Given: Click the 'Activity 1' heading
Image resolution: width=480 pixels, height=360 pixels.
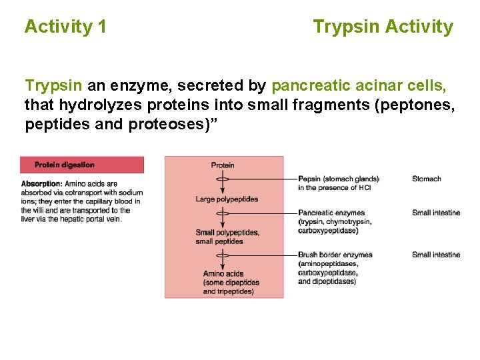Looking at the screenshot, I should (65, 27).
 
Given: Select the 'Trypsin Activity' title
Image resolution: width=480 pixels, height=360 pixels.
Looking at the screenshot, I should (383, 27).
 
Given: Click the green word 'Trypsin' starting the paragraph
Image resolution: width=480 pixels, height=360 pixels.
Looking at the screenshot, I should (54, 86).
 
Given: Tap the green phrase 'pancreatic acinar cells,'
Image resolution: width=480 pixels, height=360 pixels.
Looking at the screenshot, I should (359, 86).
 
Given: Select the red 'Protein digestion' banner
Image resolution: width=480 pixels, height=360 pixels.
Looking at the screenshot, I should (81, 165).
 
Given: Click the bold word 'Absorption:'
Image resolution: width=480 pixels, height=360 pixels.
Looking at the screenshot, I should (42, 184).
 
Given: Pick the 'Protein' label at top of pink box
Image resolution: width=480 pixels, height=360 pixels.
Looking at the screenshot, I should (223, 165).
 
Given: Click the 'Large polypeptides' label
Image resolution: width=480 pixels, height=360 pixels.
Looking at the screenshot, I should (227, 199).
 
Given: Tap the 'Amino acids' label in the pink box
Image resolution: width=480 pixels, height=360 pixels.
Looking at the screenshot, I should (223, 274).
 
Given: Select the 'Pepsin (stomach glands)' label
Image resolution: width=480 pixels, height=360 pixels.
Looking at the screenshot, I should (339, 179).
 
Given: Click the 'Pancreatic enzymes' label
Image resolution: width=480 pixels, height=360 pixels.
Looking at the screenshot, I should (331, 213).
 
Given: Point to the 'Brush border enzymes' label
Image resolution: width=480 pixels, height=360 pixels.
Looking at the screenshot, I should (335, 255).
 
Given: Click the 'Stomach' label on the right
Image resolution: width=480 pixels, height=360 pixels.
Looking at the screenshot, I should (427, 179).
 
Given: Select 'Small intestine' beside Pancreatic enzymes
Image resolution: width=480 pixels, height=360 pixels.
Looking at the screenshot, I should (436, 213).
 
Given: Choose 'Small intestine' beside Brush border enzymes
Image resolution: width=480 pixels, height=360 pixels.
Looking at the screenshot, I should (436, 255).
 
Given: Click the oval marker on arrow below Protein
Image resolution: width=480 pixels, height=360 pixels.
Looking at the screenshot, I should (223, 179).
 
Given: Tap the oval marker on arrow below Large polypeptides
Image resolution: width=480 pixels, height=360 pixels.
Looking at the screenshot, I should (223, 213).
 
